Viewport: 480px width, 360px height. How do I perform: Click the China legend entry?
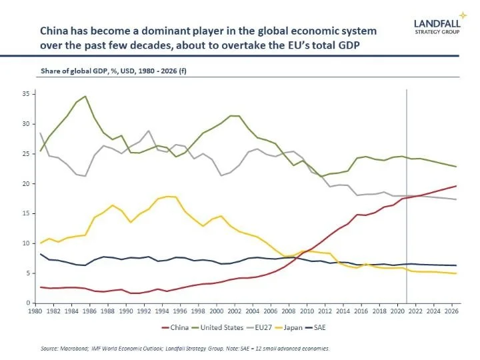pos(175,328)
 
